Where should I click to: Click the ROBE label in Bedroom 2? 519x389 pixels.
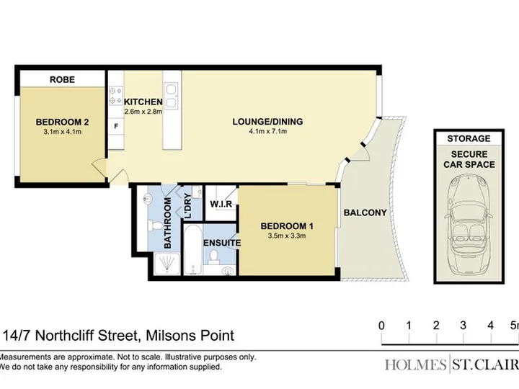62,80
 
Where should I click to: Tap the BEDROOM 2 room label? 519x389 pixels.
62,122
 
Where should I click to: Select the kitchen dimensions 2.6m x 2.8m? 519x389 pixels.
143,112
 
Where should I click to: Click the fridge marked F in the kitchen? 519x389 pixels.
116,126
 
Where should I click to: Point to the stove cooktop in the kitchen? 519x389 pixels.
116,95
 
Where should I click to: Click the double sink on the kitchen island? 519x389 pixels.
172,96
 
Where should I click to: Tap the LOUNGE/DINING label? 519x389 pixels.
267,122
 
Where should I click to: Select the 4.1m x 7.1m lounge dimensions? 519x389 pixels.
267,131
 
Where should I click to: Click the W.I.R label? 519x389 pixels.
221,204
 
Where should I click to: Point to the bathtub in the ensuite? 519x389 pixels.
193,250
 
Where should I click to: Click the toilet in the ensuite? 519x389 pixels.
214,257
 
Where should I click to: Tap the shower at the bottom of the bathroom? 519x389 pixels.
167,264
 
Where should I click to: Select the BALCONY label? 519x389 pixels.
365,213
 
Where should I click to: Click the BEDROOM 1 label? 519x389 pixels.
287,226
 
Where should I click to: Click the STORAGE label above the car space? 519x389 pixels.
469,138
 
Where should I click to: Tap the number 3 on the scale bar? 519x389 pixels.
463,326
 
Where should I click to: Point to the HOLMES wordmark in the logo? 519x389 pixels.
415,365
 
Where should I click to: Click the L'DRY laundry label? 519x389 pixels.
187,206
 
